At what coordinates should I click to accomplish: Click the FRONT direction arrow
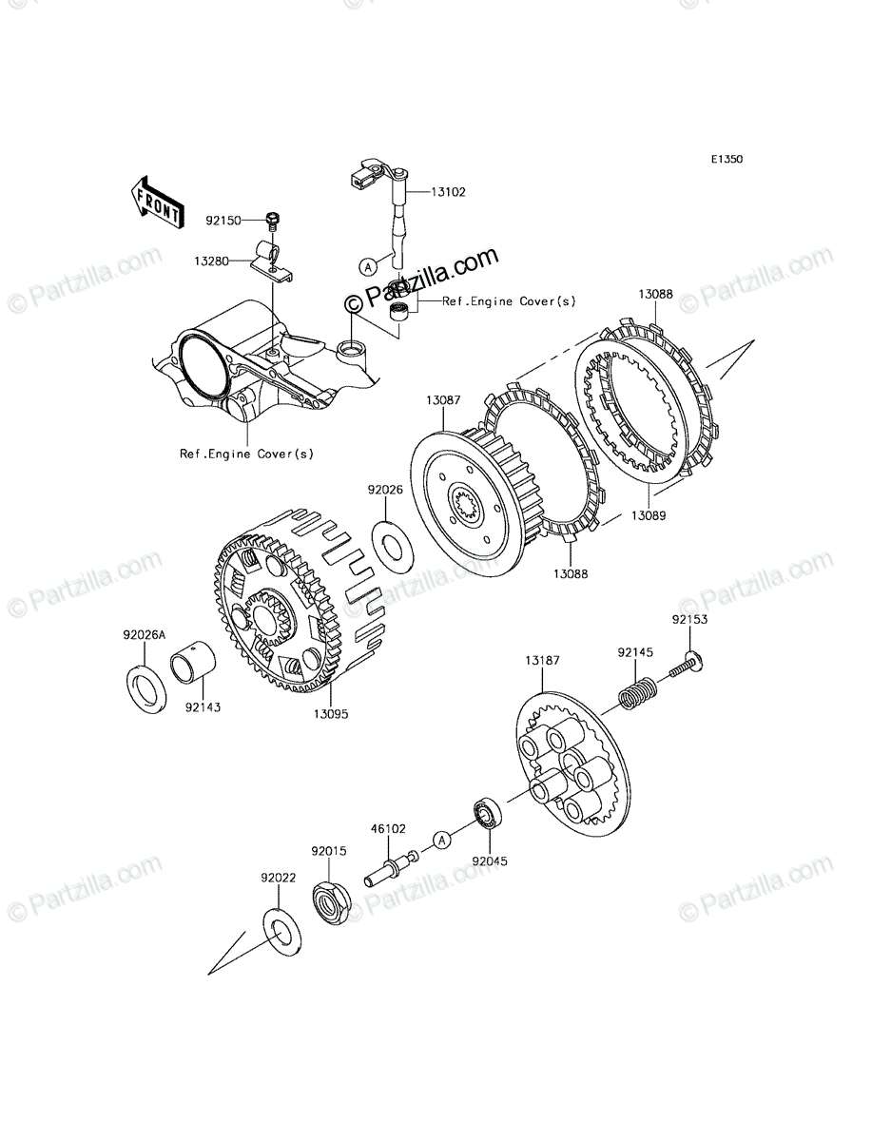[157, 203]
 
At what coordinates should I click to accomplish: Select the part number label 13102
[449, 192]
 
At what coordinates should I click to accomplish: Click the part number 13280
[211, 261]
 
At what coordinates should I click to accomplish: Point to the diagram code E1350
[727, 159]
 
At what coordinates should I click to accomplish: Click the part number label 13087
[443, 400]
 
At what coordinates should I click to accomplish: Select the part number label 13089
[649, 515]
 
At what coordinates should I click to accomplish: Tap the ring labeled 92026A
[146, 687]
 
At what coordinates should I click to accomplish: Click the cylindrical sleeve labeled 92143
[193, 667]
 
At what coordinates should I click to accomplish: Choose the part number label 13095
[331, 714]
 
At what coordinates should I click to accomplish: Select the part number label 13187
[543, 660]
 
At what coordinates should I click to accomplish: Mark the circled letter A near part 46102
[442, 840]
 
